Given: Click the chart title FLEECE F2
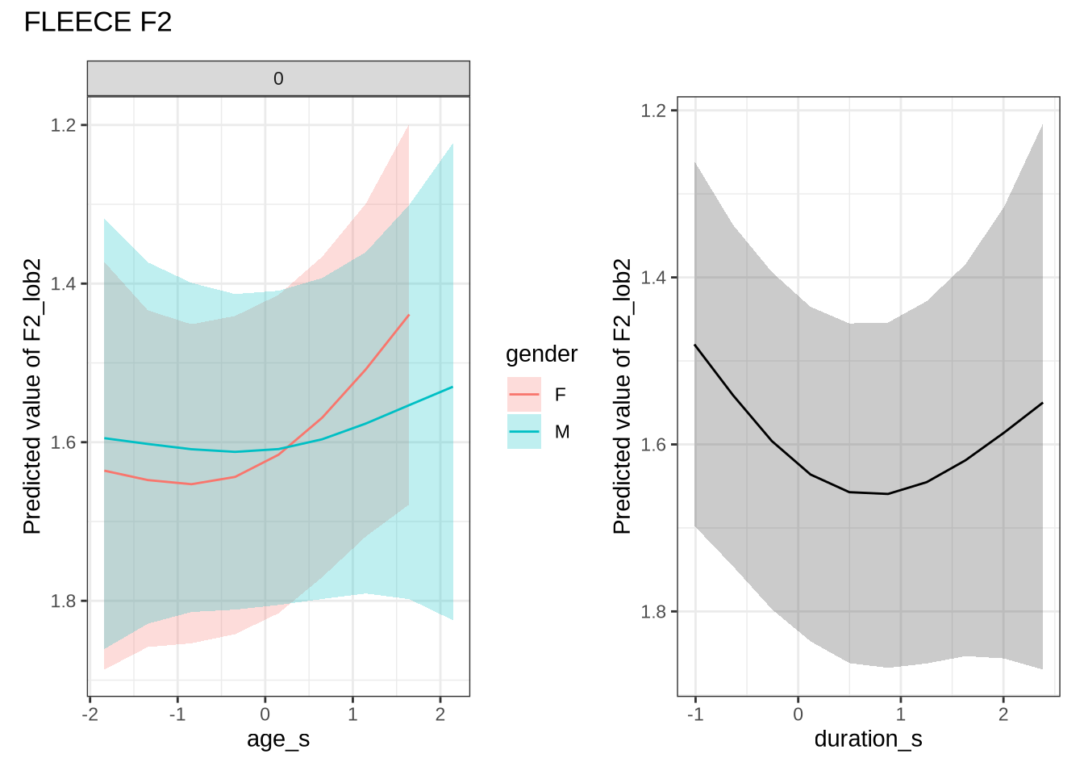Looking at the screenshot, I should click(x=98, y=22).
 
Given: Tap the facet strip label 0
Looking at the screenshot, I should click(x=278, y=79).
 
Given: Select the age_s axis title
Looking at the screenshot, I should click(x=278, y=739).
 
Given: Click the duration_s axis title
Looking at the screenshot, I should click(x=868, y=739).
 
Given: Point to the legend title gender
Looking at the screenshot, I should click(x=541, y=354).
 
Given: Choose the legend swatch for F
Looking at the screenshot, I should click(x=524, y=394).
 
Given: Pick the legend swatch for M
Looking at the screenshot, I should click(x=524, y=432).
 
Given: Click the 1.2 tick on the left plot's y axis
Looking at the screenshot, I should click(x=65, y=125).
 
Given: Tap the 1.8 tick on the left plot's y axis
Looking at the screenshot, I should click(x=65, y=601).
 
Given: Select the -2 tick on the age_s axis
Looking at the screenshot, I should click(x=90, y=714).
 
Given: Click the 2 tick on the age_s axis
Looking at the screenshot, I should click(x=440, y=714).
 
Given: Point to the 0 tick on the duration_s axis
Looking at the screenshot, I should click(x=798, y=714).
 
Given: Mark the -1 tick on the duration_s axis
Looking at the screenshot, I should click(x=694, y=714).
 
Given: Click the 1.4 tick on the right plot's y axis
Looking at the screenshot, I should click(x=653, y=278).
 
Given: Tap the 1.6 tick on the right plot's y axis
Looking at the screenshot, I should click(x=653, y=445).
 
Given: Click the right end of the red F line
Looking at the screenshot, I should click(x=409, y=315).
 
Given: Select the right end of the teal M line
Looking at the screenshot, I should click(x=452, y=387).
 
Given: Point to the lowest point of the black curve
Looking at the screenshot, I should click(x=887, y=493).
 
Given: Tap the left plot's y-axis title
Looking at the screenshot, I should click(x=32, y=396).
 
